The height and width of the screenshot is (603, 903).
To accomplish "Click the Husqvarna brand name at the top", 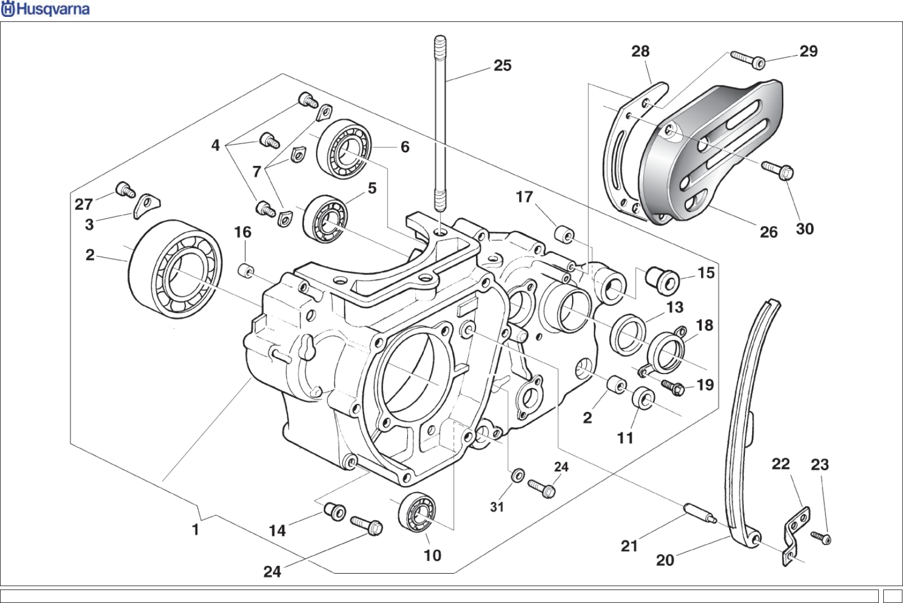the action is (x=45, y=9).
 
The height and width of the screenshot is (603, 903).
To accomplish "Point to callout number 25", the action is (x=502, y=65).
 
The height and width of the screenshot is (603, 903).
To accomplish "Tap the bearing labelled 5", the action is (x=325, y=219).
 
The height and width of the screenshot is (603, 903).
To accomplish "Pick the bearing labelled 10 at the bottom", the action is (x=417, y=512).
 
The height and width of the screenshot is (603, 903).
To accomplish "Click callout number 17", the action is (x=524, y=197).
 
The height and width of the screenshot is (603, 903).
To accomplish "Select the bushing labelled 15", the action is (x=663, y=278).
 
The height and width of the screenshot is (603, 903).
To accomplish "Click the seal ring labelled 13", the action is (x=628, y=335).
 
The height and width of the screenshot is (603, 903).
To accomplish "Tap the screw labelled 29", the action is (x=748, y=60).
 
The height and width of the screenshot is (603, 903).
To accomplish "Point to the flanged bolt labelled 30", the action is (x=778, y=170).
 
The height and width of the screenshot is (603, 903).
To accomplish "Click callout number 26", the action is (x=769, y=232).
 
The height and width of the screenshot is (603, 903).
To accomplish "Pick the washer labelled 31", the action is (x=518, y=476).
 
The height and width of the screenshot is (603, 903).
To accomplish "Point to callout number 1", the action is (x=195, y=530).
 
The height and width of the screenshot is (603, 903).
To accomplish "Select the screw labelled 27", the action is (x=125, y=190).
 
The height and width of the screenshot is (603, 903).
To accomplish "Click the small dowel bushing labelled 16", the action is (x=246, y=271).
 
